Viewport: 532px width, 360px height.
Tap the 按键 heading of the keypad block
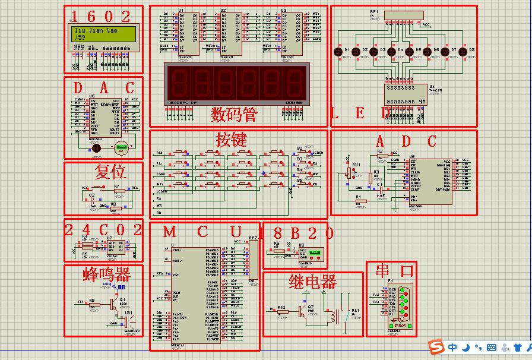coord(231,140)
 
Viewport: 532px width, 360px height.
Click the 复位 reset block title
coord(110,172)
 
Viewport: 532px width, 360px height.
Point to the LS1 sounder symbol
coord(126,321)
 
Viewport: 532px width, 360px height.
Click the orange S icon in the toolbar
coord(437,347)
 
